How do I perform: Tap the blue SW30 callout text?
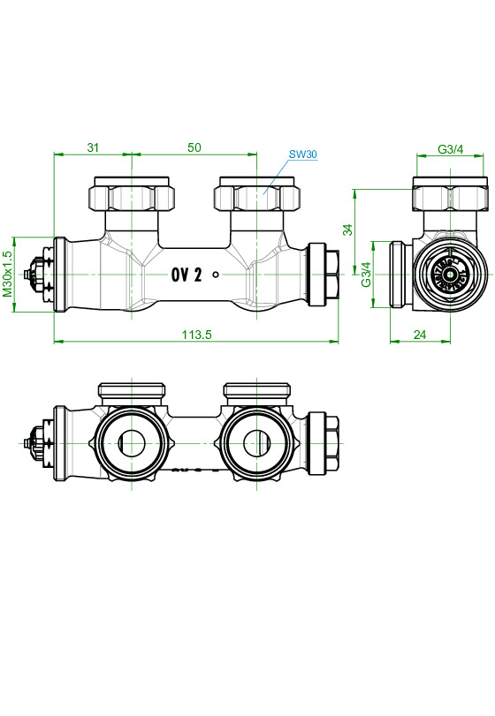302,155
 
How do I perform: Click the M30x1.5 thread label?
8,273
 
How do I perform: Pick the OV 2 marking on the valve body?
187,275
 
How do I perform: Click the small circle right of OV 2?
217,275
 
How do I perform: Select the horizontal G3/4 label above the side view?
451,150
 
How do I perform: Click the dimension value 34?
347,230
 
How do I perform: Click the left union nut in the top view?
131,195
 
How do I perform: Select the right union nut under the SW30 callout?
257,195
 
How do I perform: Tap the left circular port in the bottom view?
131,442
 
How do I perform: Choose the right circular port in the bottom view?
256,442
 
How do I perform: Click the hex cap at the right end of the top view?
324,274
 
